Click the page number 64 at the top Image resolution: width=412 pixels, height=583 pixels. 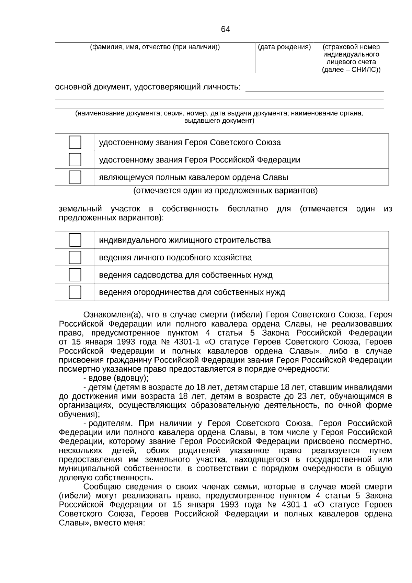225,30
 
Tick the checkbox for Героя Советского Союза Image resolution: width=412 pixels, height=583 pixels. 75,142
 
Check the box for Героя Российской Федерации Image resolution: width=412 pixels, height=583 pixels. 75,160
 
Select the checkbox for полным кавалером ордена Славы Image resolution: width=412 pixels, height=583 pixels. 75,177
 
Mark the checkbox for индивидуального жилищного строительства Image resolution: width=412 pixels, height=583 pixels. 75,240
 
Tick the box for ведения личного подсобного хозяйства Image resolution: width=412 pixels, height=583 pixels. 75,257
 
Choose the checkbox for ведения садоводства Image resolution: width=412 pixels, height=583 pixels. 75,275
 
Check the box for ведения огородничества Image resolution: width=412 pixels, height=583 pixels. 75,292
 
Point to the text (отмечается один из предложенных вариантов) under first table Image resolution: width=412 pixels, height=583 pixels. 225,191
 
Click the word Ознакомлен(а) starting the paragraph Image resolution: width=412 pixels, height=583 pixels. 112,315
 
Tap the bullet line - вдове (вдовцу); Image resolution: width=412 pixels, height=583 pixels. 116,378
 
